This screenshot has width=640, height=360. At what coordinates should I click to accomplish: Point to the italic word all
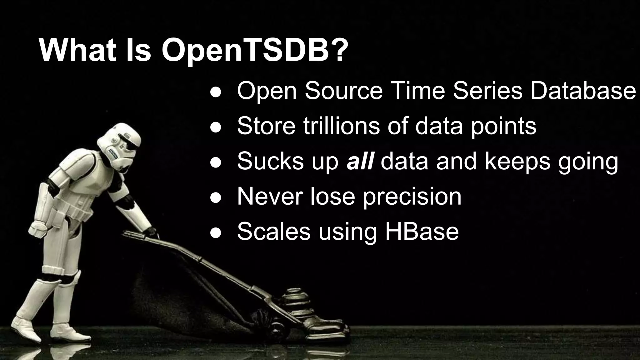point(360,161)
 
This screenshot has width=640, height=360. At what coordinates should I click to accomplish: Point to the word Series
point(487,91)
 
